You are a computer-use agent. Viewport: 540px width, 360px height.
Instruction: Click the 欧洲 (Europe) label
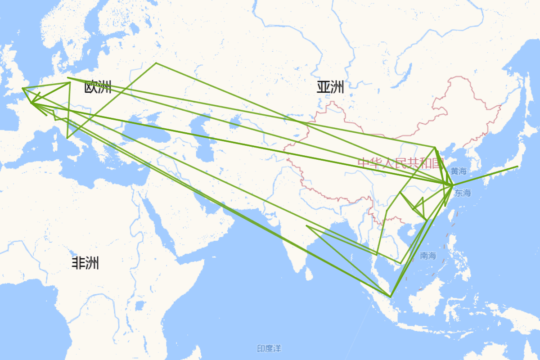click(x=98, y=87)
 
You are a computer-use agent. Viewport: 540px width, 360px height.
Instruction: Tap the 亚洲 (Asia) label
click(x=330, y=87)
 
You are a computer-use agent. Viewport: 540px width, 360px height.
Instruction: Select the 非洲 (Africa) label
click(x=85, y=263)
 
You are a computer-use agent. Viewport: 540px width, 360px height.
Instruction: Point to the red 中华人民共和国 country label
click(x=400, y=163)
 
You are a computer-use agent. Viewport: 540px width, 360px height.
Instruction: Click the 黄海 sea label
click(x=459, y=171)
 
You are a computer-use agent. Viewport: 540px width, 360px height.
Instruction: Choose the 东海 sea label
click(x=463, y=193)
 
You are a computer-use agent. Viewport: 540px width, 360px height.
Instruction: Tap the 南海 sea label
click(x=428, y=256)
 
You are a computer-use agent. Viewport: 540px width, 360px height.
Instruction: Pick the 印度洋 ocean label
click(x=269, y=348)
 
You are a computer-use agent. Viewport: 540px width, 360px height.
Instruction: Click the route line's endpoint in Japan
click(x=517, y=166)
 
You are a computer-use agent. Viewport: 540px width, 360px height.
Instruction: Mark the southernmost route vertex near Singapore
click(x=390, y=297)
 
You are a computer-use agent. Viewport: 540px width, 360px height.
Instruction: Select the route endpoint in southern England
click(x=22, y=88)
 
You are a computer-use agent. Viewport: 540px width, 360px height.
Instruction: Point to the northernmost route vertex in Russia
click(x=156, y=63)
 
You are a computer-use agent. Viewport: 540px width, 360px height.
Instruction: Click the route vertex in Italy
click(x=67, y=138)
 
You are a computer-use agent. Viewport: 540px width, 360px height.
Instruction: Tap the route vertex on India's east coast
click(x=306, y=226)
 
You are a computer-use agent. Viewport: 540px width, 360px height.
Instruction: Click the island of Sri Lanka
click(x=309, y=273)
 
